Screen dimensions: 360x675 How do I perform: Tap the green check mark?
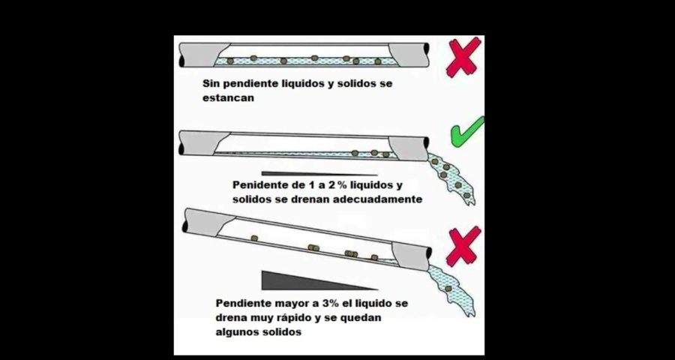467,133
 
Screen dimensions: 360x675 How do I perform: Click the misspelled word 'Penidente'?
259,185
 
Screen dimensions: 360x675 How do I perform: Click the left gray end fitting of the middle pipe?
197,142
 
